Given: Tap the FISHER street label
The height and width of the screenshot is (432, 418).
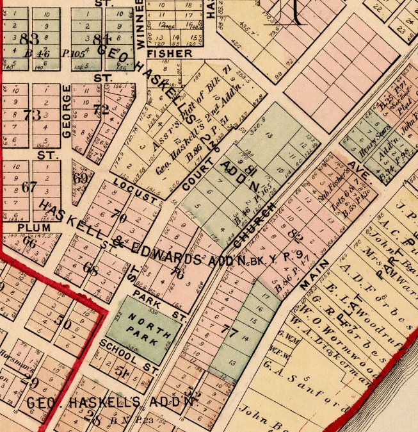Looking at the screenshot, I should [169, 53].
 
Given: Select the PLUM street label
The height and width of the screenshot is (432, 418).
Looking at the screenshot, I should [34, 227].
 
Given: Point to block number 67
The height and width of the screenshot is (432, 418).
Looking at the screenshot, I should [29, 187].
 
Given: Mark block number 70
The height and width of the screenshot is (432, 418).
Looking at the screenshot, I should [118, 217].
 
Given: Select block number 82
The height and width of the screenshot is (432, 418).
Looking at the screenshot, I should [295, 235].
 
